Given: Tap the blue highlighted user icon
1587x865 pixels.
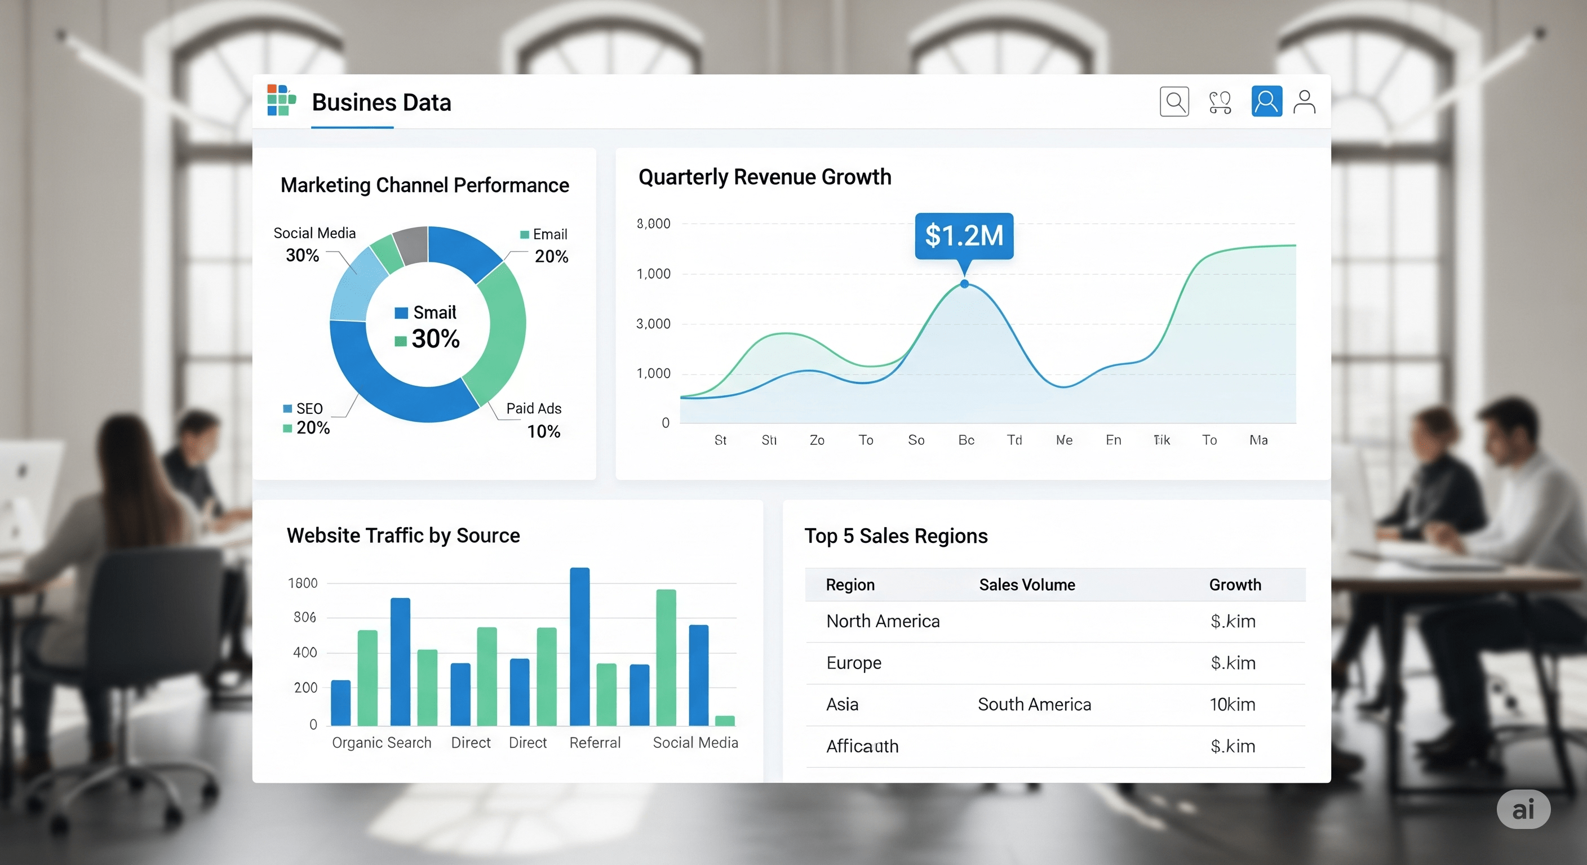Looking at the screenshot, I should [1266, 101].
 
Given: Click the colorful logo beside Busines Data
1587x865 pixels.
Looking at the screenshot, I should [281, 100].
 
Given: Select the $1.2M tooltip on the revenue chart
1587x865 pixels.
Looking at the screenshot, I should [964, 235].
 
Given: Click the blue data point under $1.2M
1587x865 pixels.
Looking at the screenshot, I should [964, 284].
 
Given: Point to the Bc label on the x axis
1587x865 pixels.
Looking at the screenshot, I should [965, 440].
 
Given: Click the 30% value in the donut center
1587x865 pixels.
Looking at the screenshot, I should [435, 338].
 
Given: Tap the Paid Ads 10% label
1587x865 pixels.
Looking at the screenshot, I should [534, 419].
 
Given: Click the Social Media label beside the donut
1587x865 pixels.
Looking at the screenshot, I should [314, 233].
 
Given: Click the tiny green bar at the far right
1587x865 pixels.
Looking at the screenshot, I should [725, 720].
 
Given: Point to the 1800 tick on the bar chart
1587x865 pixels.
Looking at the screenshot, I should [303, 582].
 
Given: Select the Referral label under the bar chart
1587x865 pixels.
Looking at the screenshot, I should [595, 742].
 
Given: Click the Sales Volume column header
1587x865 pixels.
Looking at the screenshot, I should [1026, 584].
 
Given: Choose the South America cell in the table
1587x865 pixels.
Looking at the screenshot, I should [1034, 704].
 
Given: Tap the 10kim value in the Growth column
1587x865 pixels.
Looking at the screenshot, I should [1231, 704].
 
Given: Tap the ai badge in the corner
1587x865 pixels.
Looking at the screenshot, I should [1522, 809].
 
